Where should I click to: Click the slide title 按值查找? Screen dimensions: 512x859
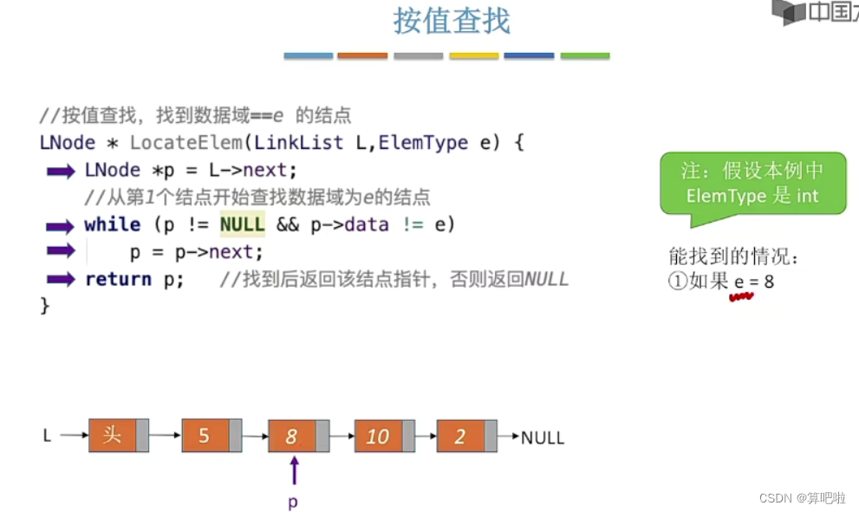pos(452,21)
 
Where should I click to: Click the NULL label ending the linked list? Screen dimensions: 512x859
pos(543,437)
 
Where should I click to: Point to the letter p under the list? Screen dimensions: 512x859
pos(293,502)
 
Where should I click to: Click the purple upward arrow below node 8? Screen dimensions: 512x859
pos(295,470)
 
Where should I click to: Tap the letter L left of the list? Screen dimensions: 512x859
pos(48,436)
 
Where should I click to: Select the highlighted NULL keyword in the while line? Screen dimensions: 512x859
pos(242,225)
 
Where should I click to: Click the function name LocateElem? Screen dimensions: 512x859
pos(186,143)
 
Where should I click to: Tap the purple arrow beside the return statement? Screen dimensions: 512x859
pos(61,280)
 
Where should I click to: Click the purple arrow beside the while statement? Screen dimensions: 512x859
pos(61,227)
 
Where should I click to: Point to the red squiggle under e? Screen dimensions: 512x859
pos(741,297)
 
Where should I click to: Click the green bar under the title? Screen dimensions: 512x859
pos(585,56)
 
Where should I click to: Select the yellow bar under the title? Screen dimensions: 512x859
pos(474,56)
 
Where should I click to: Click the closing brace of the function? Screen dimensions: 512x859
pos(45,306)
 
